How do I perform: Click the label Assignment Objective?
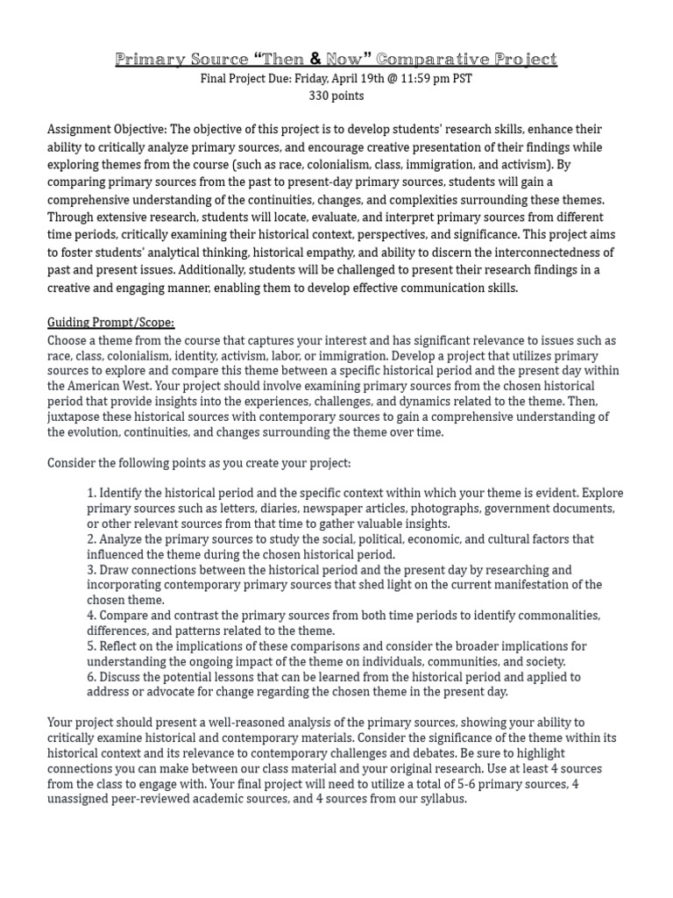[x=108, y=130]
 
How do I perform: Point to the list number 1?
[x=91, y=493]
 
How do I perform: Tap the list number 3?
[x=91, y=570]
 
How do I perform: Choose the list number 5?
[x=91, y=646]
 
